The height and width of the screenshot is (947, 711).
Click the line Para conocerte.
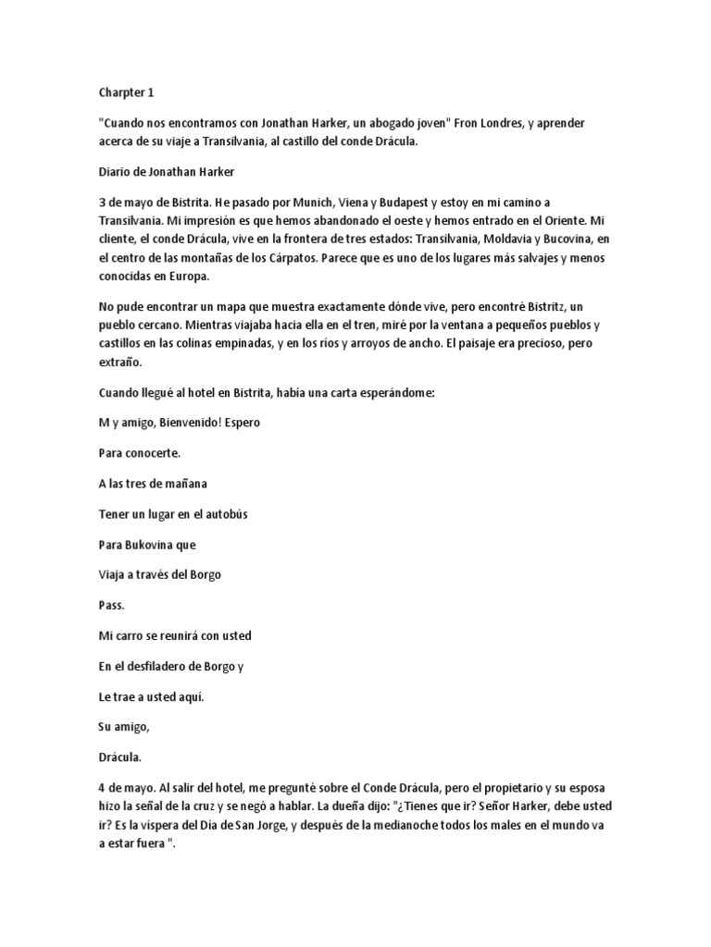[x=141, y=454]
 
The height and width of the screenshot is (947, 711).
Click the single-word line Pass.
[x=111, y=605]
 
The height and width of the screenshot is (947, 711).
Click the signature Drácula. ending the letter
[x=120, y=756]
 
